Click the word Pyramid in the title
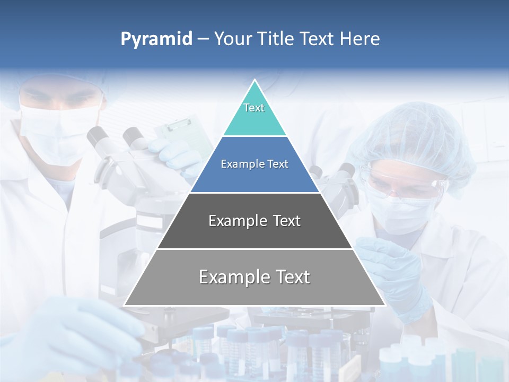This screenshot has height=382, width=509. [x=156, y=39]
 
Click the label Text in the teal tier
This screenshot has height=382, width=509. [x=254, y=108]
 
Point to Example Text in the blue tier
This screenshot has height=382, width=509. [x=254, y=164]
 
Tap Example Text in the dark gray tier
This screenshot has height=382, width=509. [x=254, y=221]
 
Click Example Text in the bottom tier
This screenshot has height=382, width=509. [x=254, y=277]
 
